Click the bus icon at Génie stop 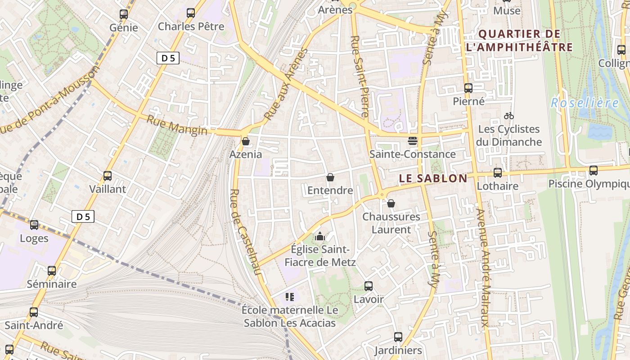(124, 14)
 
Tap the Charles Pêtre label (191, 27)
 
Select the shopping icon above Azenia (246, 141)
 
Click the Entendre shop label (330, 190)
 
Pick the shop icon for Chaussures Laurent (391, 203)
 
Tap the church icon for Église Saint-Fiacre (320, 236)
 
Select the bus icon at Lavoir (369, 286)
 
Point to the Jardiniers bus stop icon (398, 337)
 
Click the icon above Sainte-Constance (412, 141)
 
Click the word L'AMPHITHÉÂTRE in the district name (519, 47)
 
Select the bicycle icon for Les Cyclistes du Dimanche (509, 116)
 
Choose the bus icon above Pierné (468, 88)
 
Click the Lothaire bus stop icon (498, 172)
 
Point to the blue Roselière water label (585, 103)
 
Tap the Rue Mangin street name (177, 125)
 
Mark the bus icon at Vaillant (108, 175)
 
